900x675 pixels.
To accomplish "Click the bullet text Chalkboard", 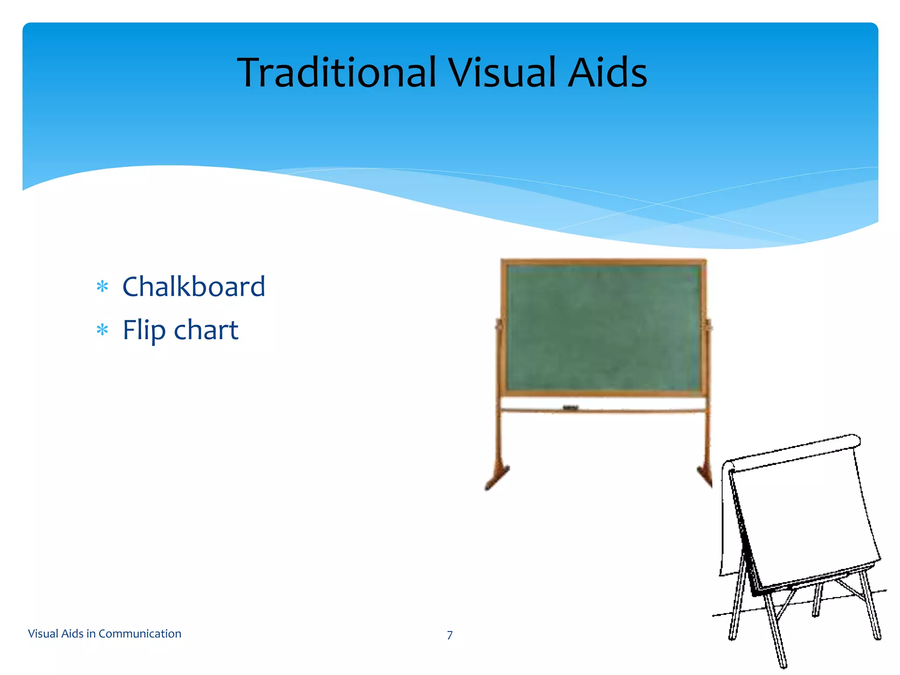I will (193, 287).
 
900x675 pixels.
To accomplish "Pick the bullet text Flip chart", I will (180, 330).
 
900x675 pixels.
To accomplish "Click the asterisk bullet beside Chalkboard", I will (102, 287).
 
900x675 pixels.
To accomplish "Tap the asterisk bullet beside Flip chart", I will (102, 330).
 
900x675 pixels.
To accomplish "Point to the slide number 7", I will (450, 635).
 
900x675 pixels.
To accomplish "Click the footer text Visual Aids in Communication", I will (105, 634).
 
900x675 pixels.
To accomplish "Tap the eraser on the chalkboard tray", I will (570, 408).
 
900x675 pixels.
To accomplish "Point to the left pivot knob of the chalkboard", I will (499, 326).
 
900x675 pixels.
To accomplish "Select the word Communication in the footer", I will (140, 634).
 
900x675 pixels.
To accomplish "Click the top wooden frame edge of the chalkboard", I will (603, 262).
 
